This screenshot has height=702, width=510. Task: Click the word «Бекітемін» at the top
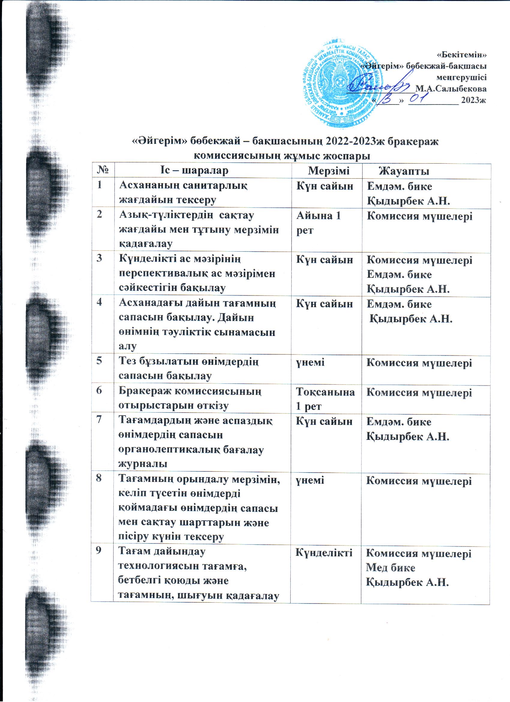pos(461,55)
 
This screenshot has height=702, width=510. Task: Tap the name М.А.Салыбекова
pos(451,89)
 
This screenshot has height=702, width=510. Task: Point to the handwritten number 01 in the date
pos(418,99)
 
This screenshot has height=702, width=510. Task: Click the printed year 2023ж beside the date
pos(473,100)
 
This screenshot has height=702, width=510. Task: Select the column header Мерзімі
pos(328,171)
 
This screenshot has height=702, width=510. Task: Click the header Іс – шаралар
pos(194,171)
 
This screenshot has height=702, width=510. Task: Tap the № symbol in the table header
pos(102,171)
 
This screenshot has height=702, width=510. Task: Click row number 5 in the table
pos(99,361)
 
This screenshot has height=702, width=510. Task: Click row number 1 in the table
pos(99,185)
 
